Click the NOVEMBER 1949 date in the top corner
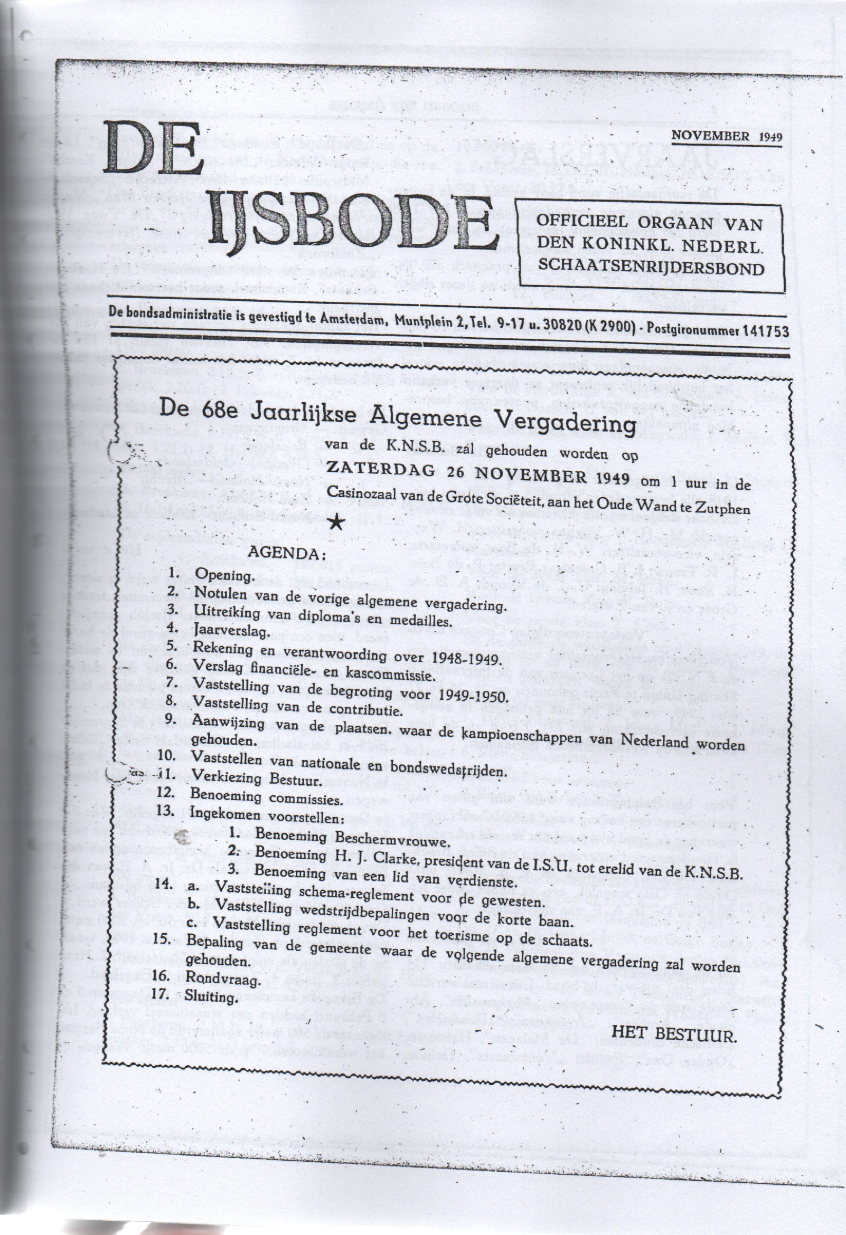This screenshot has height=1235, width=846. click(727, 136)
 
